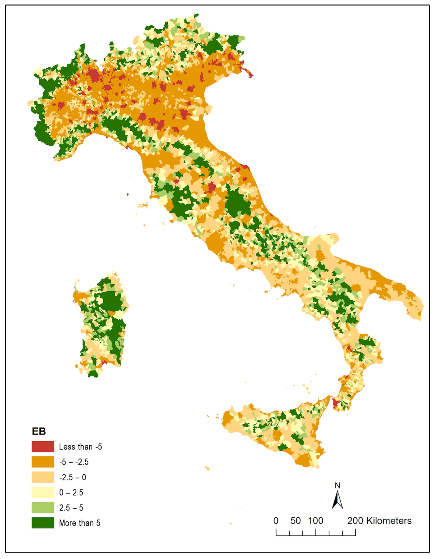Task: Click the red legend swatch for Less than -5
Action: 43,447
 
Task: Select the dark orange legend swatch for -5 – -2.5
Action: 43,462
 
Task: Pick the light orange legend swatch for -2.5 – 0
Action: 43,477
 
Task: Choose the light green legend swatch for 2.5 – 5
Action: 43,508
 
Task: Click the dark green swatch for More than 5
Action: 43,523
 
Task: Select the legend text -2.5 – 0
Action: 73,477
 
